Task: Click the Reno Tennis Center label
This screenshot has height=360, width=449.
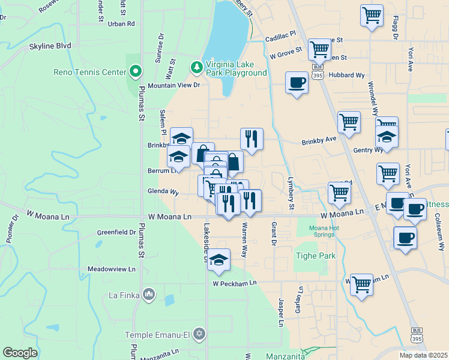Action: pyautogui.click(x=90, y=72)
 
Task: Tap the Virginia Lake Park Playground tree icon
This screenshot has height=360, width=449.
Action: pyautogui.click(x=196, y=65)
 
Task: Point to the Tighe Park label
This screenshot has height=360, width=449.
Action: pyautogui.click(x=315, y=256)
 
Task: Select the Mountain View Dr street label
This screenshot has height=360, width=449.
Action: pyautogui.click(x=173, y=85)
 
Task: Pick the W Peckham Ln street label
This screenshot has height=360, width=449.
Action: pyautogui.click(x=234, y=283)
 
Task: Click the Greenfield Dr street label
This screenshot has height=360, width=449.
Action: pyautogui.click(x=116, y=232)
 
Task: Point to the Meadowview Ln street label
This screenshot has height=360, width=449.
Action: pyautogui.click(x=112, y=269)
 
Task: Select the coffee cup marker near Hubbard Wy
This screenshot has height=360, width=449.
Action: pyautogui.click(x=297, y=82)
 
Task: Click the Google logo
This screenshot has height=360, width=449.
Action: pyautogui.click(x=20, y=353)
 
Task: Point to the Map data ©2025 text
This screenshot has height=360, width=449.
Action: pyautogui.click(x=423, y=355)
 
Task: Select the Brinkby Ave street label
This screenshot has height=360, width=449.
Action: pyautogui.click(x=319, y=140)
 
